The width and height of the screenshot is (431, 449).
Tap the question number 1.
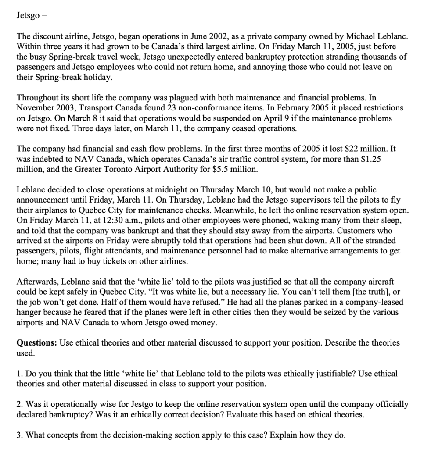tap(19, 374)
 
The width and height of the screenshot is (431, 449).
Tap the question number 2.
tap(19, 404)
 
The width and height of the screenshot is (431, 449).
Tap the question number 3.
tap(19, 435)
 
